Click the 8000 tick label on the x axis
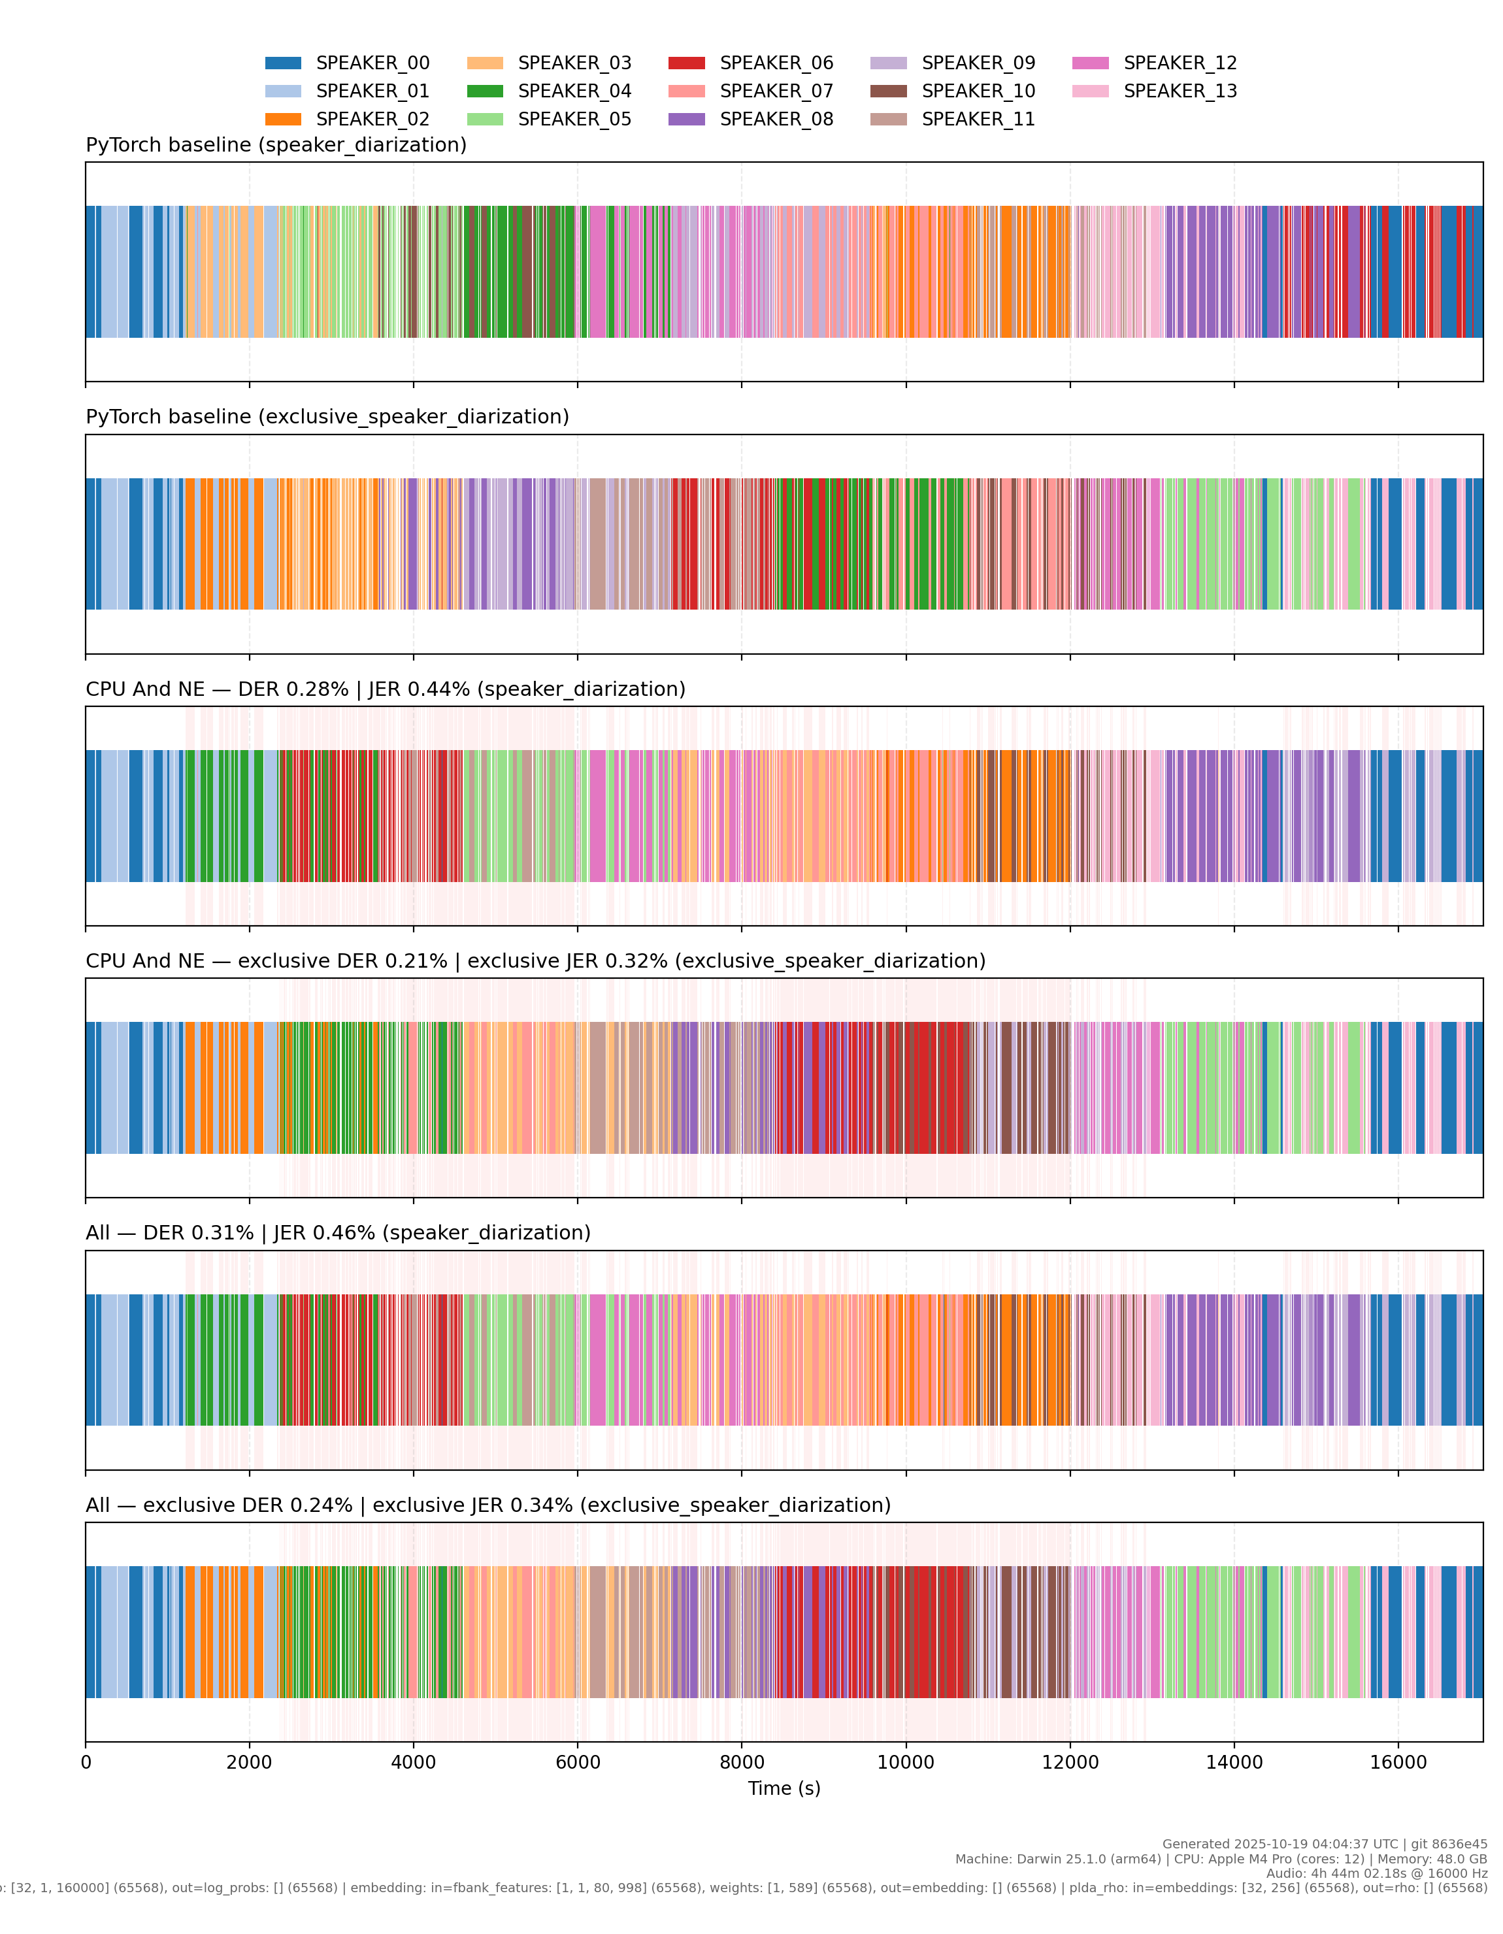(741, 1762)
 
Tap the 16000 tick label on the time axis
(1398, 1762)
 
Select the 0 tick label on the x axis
(86, 1762)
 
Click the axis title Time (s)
(784, 1788)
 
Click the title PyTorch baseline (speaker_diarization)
(276, 145)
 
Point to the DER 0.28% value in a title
(293, 689)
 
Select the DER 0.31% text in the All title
(199, 1233)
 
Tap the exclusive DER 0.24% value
(247, 1505)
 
